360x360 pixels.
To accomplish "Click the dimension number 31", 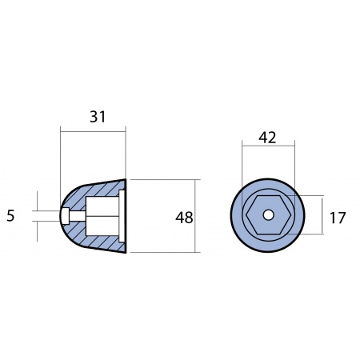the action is coord(98,117).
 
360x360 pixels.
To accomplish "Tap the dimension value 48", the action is coord(184,218).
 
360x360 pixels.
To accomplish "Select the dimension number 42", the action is coord(267,138).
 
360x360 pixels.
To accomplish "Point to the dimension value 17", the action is coord(338,218).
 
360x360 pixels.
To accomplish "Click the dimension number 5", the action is coord(10,216).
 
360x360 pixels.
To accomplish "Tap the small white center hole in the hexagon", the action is coord(268,215).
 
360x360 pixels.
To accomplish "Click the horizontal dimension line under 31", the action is coord(93,131).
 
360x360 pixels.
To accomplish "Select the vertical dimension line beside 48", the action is coord(195,216).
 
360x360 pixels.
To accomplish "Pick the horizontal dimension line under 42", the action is coord(268,146).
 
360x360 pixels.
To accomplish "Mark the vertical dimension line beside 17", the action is coord(322,215).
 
